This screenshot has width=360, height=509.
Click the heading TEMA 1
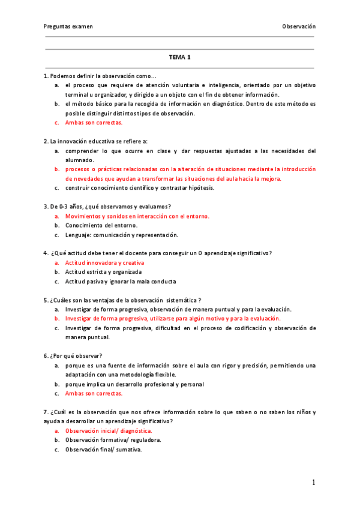179,58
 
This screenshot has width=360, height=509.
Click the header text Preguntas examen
68,26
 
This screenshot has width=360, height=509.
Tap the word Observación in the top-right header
299,26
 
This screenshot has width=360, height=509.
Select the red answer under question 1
94,122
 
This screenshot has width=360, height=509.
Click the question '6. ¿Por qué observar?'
73,356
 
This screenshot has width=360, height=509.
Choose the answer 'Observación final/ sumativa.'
103,450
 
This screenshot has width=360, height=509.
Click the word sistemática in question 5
182,300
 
